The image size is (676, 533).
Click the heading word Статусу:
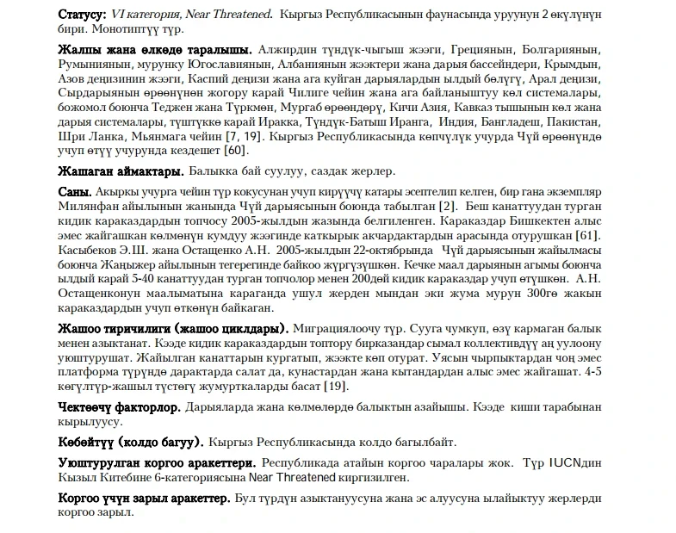[x=82, y=14]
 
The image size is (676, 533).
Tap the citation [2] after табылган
[x=447, y=207]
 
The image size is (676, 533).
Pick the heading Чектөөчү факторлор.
[x=119, y=406]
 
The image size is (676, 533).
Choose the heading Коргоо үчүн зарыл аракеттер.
[x=144, y=499]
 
